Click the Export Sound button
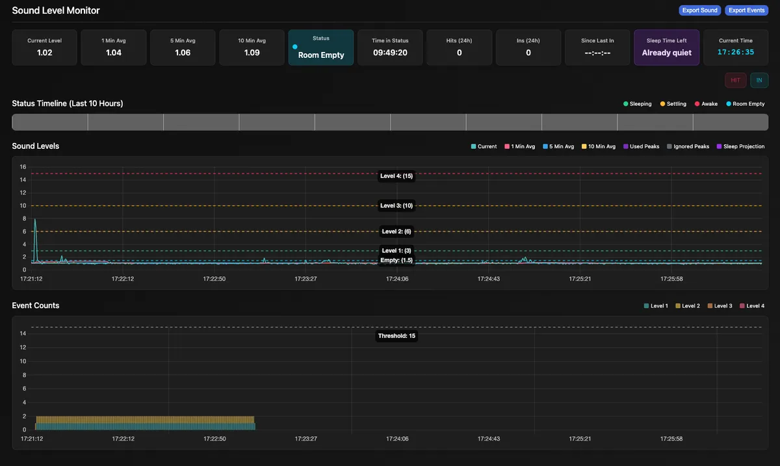click(700, 10)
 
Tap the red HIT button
click(735, 81)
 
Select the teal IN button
click(759, 81)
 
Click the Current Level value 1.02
click(44, 53)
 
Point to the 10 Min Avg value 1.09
click(252, 53)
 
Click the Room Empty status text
click(321, 55)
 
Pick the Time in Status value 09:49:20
click(390, 53)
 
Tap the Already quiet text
click(666, 53)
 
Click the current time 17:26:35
click(736, 52)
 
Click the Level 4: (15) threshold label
click(396, 175)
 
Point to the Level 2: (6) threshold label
click(396, 231)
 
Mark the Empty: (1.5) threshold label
click(396, 260)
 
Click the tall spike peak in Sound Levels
click(35, 220)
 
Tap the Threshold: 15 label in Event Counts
click(396, 336)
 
